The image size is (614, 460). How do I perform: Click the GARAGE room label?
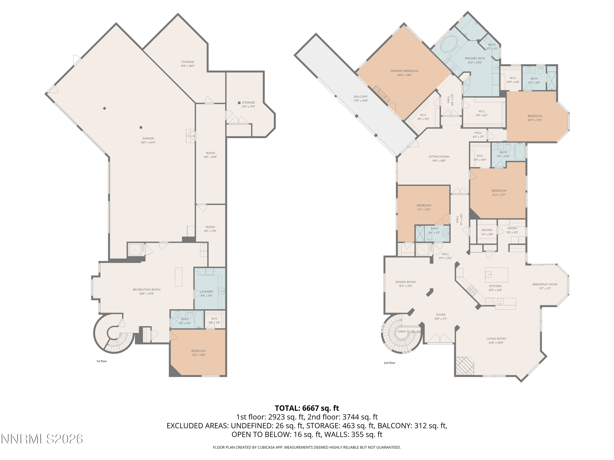pyautogui.click(x=148, y=138)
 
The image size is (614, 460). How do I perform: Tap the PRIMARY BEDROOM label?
pyautogui.click(x=404, y=71)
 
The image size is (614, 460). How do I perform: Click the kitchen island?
pyautogui.click(x=496, y=275)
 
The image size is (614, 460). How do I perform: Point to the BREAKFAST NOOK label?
pyautogui.click(x=545, y=284)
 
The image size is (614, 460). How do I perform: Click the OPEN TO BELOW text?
pyautogui.click(x=409, y=332)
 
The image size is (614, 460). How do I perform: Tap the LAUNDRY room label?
pyautogui.click(x=207, y=291)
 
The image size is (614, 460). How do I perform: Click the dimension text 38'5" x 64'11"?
pyautogui.click(x=148, y=142)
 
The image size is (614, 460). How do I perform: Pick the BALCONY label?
pyautogui.click(x=361, y=96)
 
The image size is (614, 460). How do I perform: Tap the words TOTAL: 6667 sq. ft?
pyautogui.click(x=307, y=408)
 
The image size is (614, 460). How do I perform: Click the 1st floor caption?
pyautogui.click(x=101, y=361)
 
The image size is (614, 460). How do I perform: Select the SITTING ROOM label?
pyautogui.click(x=439, y=157)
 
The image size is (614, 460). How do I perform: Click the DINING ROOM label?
pyautogui.click(x=405, y=282)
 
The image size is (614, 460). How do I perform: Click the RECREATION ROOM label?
pyautogui.click(x=146, y=289)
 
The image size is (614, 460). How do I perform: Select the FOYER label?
pyautogui.click(x=440, y=315)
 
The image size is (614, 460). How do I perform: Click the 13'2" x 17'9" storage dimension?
pyautogui.click(x=248, y=107)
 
